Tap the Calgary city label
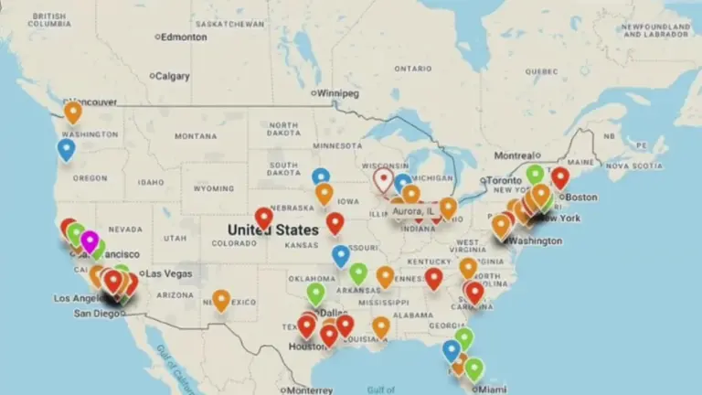pyautogui.click(x=175, y=76)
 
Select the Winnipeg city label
pyautogui.click(x=337, y=93)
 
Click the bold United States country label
pyautogui.click(x=272, y=230)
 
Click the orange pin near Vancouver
pyautogui.click(x=72, y=112)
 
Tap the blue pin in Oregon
pyautogui.click(x=66, y=149)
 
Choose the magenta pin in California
pyautogui.click(x=89, y=241)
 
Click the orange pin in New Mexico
pyautogui.click(x=221, y=299)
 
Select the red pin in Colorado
pyautogui.click(x=263, y=218)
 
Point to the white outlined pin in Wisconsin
pyautogui.click(x=383, y=179)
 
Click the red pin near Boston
pyautogui.click(x=559, y=177)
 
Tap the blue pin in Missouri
pyautogui.click(x=341, y=255)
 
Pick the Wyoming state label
pyautogui.click(x=215, y=188)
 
